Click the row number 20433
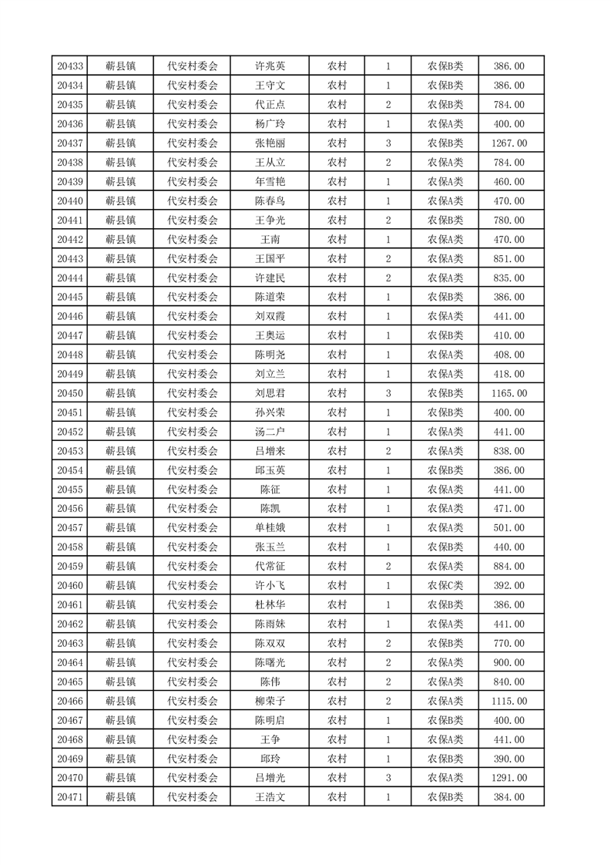[70, 66]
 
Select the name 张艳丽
[270, 143]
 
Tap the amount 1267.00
[509, 143]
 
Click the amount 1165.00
[509, 393]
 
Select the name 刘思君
[270, 393]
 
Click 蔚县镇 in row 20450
[121, 393]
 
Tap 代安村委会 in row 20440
[193, 201]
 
